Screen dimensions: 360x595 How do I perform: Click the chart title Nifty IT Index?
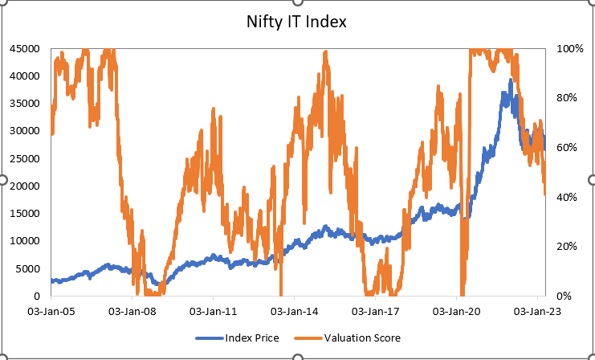click(x=296, y=22)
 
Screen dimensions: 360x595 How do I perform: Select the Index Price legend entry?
click(x=253, y=337)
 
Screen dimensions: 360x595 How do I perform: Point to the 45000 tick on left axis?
click(x=26, y=48)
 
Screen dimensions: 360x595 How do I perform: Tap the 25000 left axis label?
click(x=26, y=158)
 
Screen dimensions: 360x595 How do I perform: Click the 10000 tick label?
click(x=26, y=241)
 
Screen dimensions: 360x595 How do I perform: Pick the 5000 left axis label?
click(x=28, y=268)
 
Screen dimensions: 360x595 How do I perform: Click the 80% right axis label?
click(x=567, y=98)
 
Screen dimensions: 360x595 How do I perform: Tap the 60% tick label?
click(x=567, y=148)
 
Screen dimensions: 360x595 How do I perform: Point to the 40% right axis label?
click(x=567, y=197)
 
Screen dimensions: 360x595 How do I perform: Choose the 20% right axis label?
click(x=567, y=247)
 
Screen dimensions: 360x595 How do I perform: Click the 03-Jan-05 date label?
click(x=51, y=309)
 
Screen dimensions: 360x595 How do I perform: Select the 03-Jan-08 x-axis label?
click(x=132, y=309)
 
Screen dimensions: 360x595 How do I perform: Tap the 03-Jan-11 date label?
click(x=213, y=309)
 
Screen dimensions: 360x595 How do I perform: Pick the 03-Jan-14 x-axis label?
click(x=294, y=309)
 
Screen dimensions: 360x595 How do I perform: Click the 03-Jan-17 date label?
click(x=375, y=309)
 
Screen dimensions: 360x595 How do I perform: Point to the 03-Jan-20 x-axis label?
click(x=456, y=309)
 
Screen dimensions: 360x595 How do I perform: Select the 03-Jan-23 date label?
click(x=537, y=309)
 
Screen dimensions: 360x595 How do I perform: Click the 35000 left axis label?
click(x=26, y=104)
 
